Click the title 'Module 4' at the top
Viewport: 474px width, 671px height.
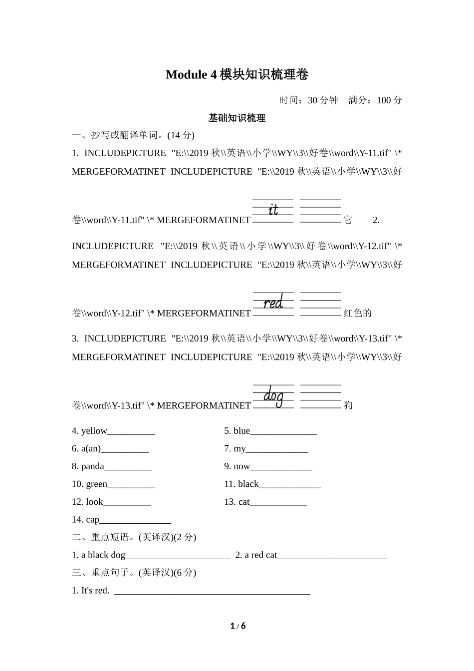click(x=192, y=75)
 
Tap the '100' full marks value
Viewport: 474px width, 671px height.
click(x=384, y=100)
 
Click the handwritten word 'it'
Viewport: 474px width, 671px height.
click(x=273, y=210)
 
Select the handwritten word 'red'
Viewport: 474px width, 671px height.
click(x=273, y=303)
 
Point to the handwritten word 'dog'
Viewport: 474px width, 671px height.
click(x=273, y=396)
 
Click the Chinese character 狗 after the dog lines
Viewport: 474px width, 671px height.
click(x=348, y=405)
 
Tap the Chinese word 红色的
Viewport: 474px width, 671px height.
click(x=358, y=313)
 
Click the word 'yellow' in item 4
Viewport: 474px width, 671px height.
click(x=94, y=431)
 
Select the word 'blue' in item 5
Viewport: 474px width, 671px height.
click(x=241, y=431)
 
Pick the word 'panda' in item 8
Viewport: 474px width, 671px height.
click(x=93, y=466)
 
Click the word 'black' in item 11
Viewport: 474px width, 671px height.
click(x=248, y=484)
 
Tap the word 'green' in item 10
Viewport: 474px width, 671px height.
click(x=96, y=484)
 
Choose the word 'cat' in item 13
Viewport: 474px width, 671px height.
click(x=243, y=502)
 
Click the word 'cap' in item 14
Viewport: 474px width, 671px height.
click(x=92, y=520)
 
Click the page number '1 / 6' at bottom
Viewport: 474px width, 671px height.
click(x=238, y=626)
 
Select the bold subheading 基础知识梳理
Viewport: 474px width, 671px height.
click(x=237, y=118)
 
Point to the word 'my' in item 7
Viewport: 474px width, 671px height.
click(x=239, y=448)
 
